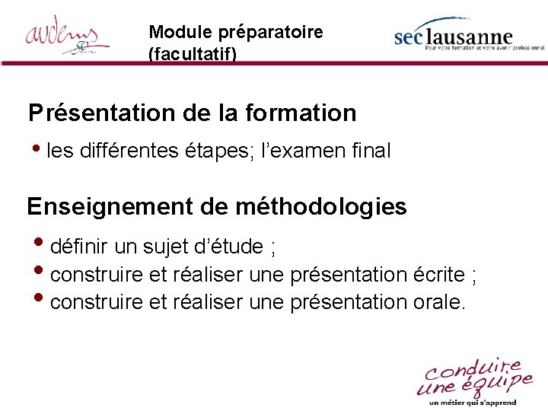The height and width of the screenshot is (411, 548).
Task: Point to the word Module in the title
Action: pos(170,33)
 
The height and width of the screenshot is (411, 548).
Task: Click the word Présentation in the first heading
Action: pos(101,113)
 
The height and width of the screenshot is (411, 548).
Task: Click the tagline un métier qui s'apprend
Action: pos(472,403)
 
